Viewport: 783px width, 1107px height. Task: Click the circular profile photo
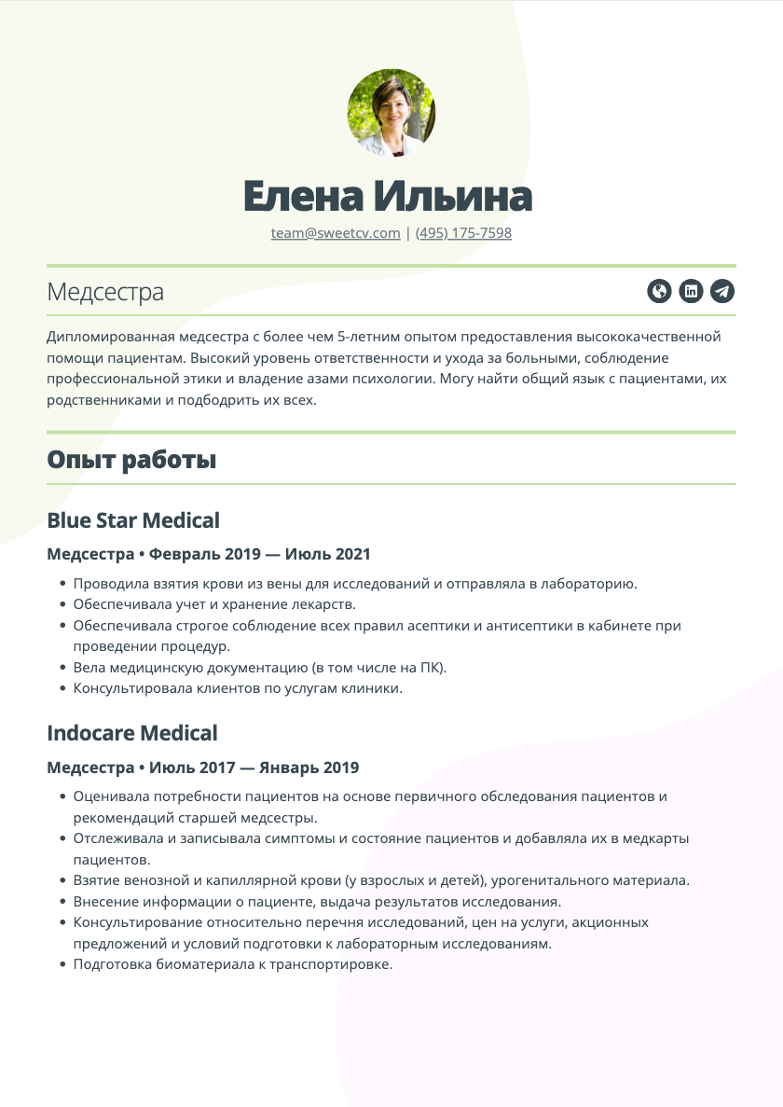(x=391, y=112)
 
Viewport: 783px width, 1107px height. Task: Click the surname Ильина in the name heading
(x=453, y=197)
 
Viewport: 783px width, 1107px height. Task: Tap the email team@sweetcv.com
(x=336, y=233)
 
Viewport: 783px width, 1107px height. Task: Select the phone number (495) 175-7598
(x=463, y=233)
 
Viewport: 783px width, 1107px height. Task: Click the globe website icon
(x=659, y=291)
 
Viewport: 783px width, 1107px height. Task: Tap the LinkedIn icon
(x=691, y=291)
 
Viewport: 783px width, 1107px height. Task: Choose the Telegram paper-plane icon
(x=722, y=291)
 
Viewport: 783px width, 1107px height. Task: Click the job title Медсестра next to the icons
(x=105, y=292)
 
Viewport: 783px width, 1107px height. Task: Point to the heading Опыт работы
(x=131, y=460)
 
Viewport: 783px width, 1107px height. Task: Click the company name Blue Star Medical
(x=133, y=520)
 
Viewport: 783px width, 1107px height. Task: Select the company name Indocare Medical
(x=132, y=733)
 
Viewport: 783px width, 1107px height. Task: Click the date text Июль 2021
(x=327, y=554)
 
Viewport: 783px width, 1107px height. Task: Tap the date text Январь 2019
(x=314, y=768)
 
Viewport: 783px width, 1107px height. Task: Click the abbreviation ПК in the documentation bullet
(x=428, y=668)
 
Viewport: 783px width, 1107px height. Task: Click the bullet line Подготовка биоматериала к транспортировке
(x=233, y=964)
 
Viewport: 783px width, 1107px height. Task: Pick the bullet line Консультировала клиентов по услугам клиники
(x=238, y=689)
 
